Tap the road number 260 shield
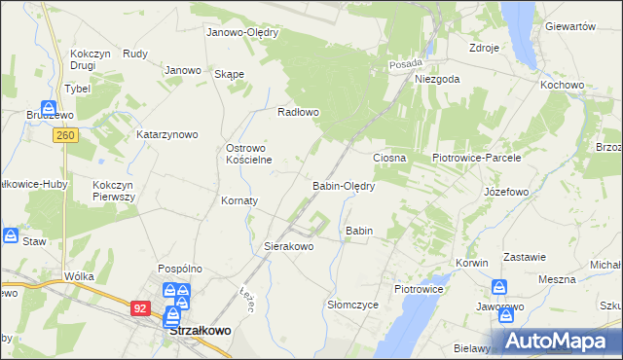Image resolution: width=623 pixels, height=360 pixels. (x=65, y=135)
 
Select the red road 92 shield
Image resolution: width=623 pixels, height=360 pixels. (x=141, y=307)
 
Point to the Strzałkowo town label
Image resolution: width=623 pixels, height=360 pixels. (x=201, y=331)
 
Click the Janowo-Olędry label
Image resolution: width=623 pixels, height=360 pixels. (x=242, y=32)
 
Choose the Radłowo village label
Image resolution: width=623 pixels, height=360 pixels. (x=299, y=112)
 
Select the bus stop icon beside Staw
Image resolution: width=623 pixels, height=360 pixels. (x=10, y=235)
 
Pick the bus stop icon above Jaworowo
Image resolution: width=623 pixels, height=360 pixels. (x=499, y=288)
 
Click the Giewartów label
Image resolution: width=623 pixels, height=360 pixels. (x=570, y=26)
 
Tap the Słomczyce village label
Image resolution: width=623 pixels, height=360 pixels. (x=352, y=305)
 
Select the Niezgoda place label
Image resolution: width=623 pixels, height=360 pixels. (x=436, y=80)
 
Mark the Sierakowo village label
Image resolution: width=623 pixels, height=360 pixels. (x=289, y=247)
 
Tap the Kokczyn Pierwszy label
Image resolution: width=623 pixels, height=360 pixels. (x=114, y=190)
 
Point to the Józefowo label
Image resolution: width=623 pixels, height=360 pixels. (x=506, y=192)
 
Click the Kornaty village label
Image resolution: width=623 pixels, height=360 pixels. (x=239, y=200)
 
